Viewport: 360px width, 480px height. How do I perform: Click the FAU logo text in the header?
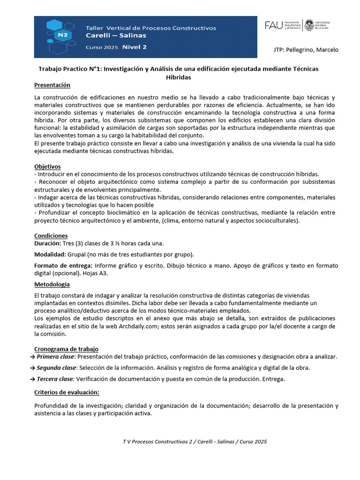(274, 25)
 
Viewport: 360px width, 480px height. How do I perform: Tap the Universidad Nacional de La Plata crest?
(309, 25)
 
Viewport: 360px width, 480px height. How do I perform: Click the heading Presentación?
(52, 85)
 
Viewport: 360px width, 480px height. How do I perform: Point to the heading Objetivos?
(47, 166)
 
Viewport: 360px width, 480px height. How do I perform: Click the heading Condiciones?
(51, 236)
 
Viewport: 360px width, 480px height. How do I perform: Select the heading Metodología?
(52, 285)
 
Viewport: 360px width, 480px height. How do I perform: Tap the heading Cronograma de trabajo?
(66, 349)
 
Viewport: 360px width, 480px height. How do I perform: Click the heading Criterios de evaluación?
(67, 392)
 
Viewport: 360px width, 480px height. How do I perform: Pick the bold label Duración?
(48, 244)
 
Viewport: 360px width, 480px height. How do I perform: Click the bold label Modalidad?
(50, 255)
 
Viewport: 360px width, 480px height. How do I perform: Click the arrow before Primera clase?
(32, 357)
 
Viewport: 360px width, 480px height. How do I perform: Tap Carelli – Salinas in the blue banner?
(116, 36)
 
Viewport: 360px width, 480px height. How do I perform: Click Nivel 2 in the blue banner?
(135, 47)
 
